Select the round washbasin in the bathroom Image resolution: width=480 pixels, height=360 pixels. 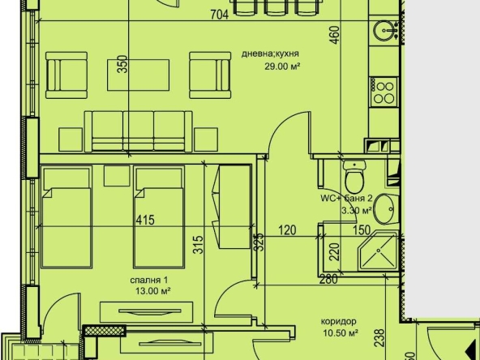tap(387, 208)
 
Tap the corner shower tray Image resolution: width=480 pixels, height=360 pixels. tap(378, 253)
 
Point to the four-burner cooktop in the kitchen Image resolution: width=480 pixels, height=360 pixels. tap(383, 89)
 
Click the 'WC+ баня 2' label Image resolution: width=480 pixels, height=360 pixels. tap(345, 197)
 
